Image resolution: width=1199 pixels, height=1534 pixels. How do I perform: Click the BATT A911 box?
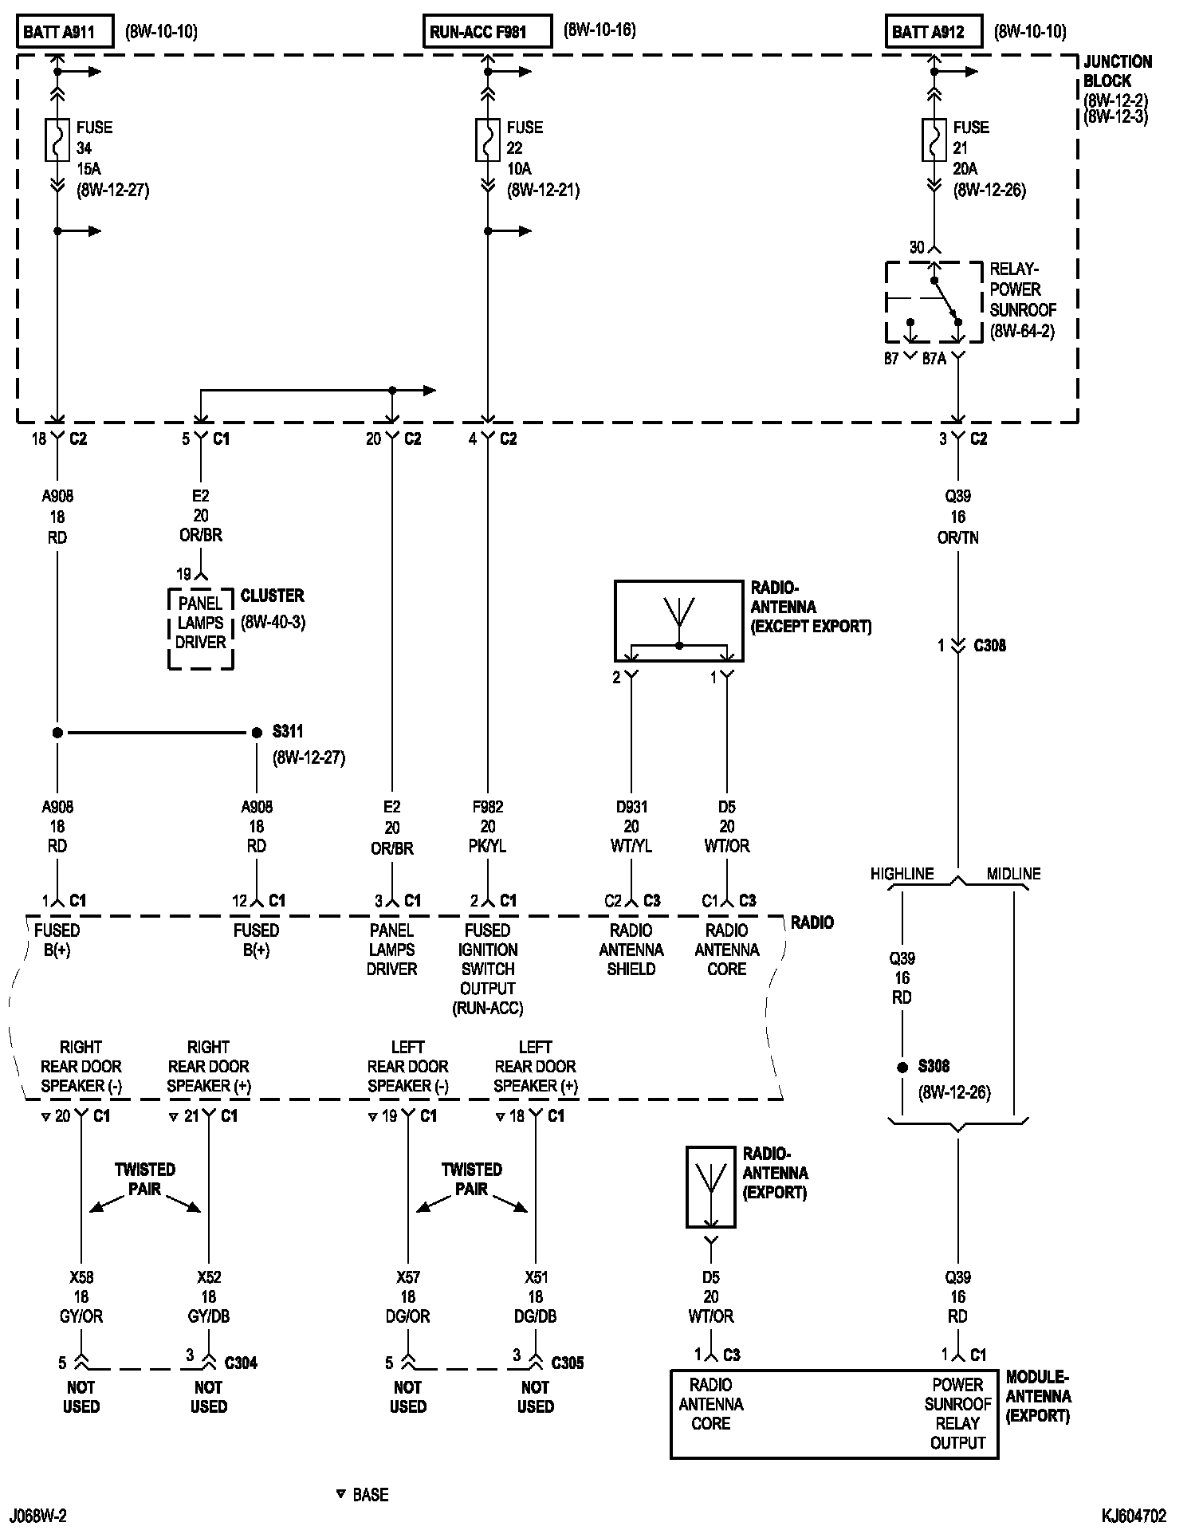pyautogui.click(x=64, y=32)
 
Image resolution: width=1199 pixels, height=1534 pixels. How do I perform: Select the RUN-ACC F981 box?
pyautogui.click(x=486, y=32)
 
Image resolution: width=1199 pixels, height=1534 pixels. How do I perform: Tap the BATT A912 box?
pyautogui.click(x=933, y=32)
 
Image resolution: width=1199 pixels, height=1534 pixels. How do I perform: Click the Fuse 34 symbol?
pyautogui.click(x=57, y=140)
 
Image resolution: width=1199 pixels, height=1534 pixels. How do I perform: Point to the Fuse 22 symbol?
pyautogui.click(x=488, y=140)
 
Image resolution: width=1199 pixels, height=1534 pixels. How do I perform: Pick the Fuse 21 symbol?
pyautogui.click(x=934, y=140)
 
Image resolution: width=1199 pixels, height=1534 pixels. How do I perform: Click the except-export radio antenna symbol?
pyautogui.click(x=678, y=621)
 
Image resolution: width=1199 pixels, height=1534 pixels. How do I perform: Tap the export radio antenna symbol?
pyautogui.click(x=710, y=1186)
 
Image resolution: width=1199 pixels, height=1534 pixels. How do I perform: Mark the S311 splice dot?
pyautogui.click(x=257, y=732)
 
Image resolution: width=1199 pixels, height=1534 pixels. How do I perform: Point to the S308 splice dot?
pyautogui.click(x=902, y=1067)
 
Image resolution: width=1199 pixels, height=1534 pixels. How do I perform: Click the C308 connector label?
pyautogui.click(x=989, y=646)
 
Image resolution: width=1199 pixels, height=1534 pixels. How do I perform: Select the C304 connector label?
pyautogui.click(x=241, y=1363)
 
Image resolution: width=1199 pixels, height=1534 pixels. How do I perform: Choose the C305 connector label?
pyautogui.click(x=568, y=1363)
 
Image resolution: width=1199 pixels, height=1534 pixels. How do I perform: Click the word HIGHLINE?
pyautogui.click(x=902, y=874)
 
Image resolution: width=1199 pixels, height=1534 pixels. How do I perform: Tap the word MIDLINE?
pyautogui.click(x=1013, y=874)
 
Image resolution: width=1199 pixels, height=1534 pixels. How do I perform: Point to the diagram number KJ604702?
pyautogui.click(x=1134, y=1516)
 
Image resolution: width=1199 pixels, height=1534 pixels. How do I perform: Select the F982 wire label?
pyautogui.click(x=488, y=807)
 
